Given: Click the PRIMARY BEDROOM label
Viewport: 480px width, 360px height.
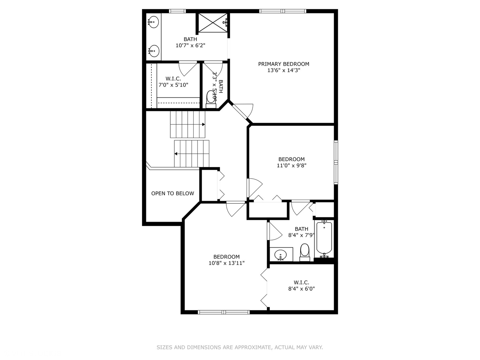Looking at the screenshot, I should coord(284,64).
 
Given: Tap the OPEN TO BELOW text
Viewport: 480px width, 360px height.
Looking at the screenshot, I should coord(172,193).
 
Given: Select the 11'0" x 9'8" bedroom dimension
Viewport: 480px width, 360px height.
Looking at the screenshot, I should coord(291,165).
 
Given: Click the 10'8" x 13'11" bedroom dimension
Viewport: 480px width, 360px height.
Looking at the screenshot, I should coord(227,263).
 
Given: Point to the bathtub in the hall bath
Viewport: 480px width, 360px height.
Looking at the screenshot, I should coord(324,237).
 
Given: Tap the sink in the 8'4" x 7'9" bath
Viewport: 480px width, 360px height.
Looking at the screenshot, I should coord(281,255).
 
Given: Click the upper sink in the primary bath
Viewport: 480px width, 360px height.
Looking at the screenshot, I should coord(154,23).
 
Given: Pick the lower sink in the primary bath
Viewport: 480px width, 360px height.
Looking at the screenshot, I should coord(154,51).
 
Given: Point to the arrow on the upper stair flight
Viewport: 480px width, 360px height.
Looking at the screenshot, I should coord(203,125).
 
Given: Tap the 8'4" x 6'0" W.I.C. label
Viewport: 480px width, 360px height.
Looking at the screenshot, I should coord(301,286).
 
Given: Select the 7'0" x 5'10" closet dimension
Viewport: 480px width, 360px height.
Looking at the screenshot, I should coord(173,85).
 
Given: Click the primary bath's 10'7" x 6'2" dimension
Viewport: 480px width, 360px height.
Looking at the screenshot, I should coord(190,45).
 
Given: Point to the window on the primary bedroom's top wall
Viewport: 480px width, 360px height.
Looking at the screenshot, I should coord(283,11).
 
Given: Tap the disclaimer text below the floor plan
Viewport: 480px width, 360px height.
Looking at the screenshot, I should coord(240,347).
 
